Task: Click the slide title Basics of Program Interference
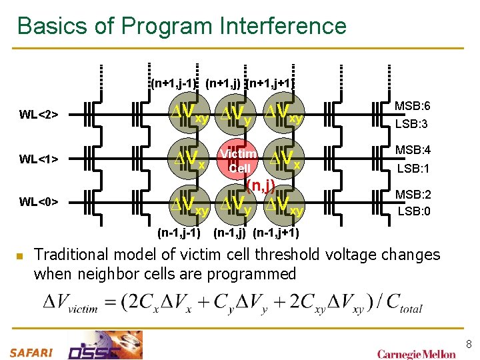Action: point(181,26)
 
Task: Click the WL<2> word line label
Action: point(39,115)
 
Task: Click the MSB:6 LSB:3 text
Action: point(412,115)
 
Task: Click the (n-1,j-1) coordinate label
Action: point(179,233)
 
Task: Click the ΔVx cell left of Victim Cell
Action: point(189,159)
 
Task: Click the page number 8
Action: point(469,344)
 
